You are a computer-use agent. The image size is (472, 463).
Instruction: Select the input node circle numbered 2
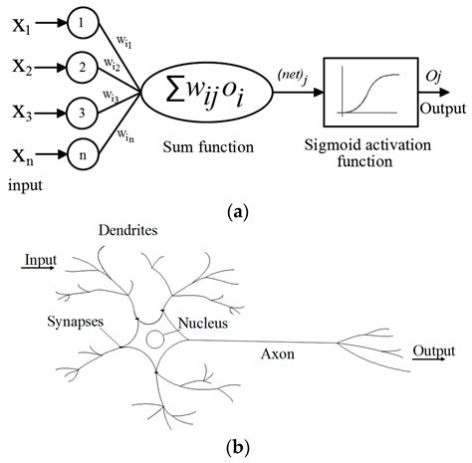pyautogui.click(x=85, y=68)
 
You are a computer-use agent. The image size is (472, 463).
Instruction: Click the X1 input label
pyautogui.click(x=25, y=29)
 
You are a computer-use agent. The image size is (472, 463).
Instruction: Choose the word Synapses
pyautogui.click(x=77, y=324)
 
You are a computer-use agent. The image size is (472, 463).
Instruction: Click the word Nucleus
pyautogui.click(x=203, y=324)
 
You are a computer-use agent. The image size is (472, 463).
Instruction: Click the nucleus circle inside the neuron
pyautogui.click(x=156, y=341)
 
